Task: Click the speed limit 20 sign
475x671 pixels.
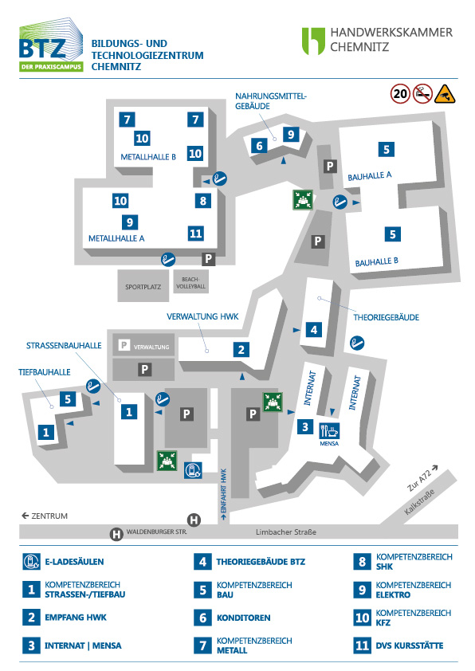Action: (x=400, y=94)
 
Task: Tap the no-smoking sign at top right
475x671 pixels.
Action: (x=422, y=94)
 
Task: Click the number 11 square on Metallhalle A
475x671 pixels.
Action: (x=196, y=233)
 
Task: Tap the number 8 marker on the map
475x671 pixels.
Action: (x=203, y=200)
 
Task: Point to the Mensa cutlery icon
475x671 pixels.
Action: (x=328, y=429)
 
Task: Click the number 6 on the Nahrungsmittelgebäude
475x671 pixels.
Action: (x=259, y=146)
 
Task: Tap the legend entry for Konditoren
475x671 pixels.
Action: (x=243, y=617)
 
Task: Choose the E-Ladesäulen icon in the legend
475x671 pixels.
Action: (x=31, y=561)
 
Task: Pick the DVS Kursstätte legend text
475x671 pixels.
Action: (x=410, y=645)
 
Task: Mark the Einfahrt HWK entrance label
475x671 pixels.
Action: (x=224, y=493)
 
